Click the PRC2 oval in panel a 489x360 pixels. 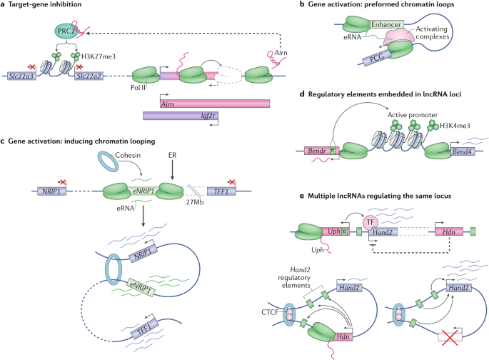click(x=66, y=31)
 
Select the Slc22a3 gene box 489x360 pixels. click(x=21, y=76)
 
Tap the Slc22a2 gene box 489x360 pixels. click(x=89, y=76)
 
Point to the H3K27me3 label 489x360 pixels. click(x=99, y=56)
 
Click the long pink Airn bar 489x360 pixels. click(x=215, y=104)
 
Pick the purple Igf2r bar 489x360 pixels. click(x=181, y=116)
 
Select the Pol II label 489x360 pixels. click(x=138, y=88)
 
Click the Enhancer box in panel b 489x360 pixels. click(x=386, y=24)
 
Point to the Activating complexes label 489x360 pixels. click(x=432, y=33)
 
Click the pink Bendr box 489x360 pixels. click(x=317, y=151)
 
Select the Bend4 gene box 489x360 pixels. click(x=462, y=151)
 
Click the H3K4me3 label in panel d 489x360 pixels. click(x=455, y=126)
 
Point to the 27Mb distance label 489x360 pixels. click(x=195, y=202)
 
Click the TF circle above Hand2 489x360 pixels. click(x=370, y=222)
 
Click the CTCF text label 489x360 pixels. click(x=270, y=312)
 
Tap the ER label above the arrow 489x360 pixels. click(x=172, y=155)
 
